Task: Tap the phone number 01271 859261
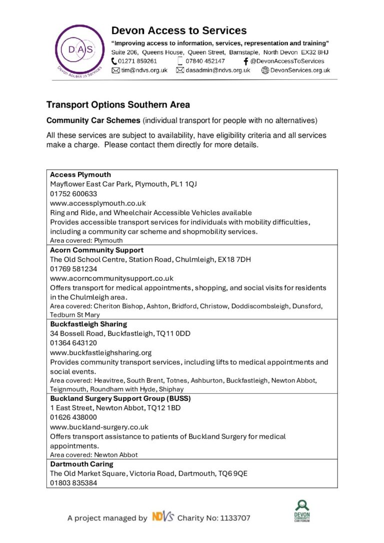coord(137,61)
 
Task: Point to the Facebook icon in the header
coord(245,61)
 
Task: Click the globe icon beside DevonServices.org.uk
coord(265,70)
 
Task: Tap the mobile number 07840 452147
coord(205,61)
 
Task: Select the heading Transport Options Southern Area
coord(118,105)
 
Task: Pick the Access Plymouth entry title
coord(80,175)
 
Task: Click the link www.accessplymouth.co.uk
coord(97,203)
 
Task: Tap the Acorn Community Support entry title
coord(96,250)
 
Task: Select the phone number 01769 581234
coord(73,269)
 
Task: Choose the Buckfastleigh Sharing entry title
coord(88,324)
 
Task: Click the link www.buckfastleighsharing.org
coord(100,353)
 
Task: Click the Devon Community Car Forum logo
coord(302,511)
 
